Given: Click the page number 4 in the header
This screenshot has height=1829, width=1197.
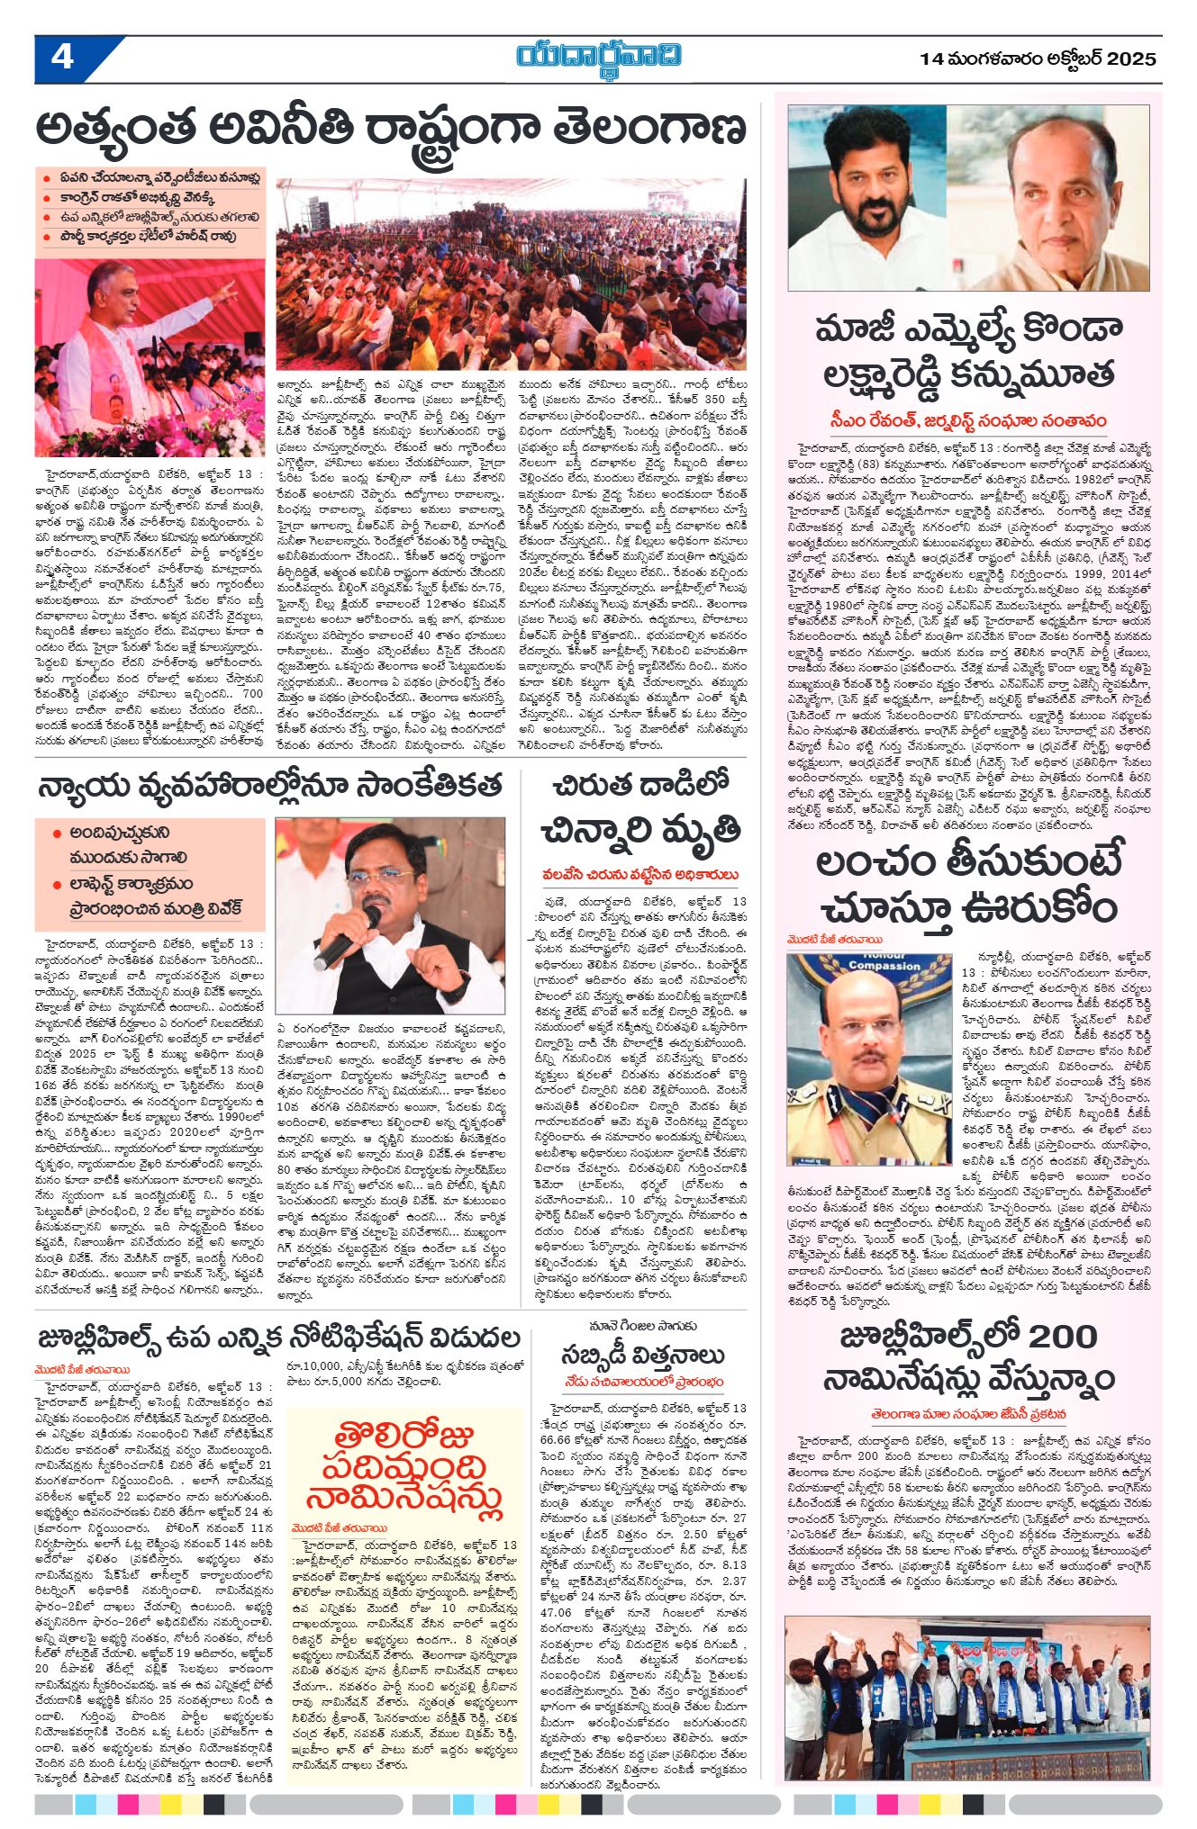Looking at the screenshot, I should click(x=61, y=58).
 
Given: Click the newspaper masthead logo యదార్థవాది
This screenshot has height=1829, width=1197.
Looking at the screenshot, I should click(x=598, y=56).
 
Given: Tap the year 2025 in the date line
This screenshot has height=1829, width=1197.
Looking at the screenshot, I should click(x=1131, y=59).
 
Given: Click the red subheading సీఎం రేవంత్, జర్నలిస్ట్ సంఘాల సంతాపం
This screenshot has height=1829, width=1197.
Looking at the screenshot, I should click(x=968, y=420).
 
